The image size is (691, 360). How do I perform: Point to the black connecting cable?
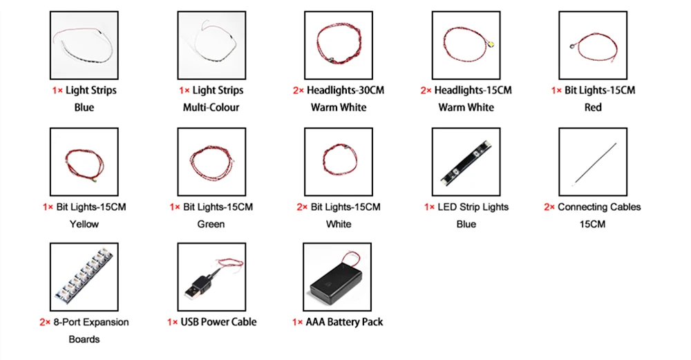[592, 163]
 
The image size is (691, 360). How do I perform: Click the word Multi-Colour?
[211, 107]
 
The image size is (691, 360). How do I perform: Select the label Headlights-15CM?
[473, 91]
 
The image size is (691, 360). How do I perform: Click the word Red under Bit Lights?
[593, 107]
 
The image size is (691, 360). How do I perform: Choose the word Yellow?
[84, 224]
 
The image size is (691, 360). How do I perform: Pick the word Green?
[211, 224]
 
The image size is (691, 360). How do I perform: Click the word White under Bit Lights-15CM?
[339, 224]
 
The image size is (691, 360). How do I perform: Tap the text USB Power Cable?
[218, 322]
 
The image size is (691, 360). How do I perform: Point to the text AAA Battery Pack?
[343, 322]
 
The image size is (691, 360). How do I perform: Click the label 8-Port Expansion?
[91, 322]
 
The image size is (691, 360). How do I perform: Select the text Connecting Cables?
[599, 207]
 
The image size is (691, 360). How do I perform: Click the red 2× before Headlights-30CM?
[298, 91]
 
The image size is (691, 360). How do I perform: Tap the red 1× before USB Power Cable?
[172, 322]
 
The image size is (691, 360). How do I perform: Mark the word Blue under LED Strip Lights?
[466, 224]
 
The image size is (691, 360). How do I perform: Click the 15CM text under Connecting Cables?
[592, 224]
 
